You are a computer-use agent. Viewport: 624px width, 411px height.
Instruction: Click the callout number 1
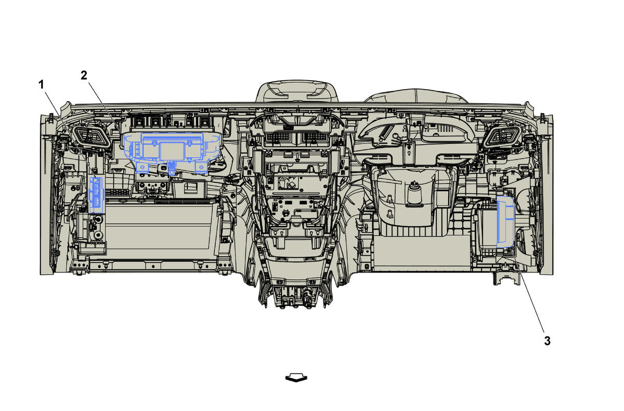point(41,84)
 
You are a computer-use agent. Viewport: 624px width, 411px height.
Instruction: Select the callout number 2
point(84,75)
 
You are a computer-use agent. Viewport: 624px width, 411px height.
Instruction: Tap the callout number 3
point(548,341)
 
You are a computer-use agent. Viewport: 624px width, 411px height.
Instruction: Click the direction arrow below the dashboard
point(296,378)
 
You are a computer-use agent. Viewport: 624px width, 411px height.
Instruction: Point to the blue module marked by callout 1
point(96,194)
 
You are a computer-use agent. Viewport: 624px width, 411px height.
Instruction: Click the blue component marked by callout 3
point(505,222)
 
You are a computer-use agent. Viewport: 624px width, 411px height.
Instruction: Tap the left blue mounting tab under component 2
point(142,167)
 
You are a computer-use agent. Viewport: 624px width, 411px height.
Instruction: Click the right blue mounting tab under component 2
point(201,167)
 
